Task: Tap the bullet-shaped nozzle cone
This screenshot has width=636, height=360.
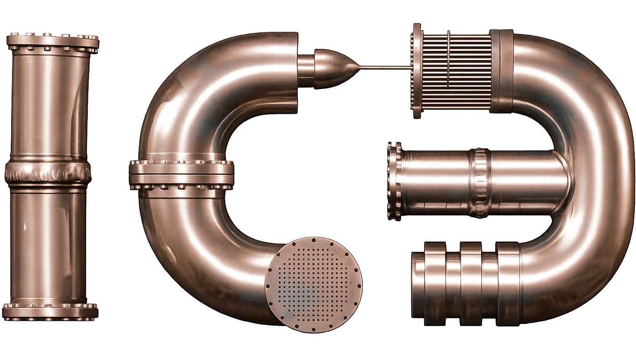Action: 335,69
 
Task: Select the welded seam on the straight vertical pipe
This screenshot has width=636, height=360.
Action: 48,172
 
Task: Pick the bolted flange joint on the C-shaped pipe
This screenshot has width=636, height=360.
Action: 182,175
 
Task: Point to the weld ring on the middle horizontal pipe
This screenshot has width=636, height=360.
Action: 479,183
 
